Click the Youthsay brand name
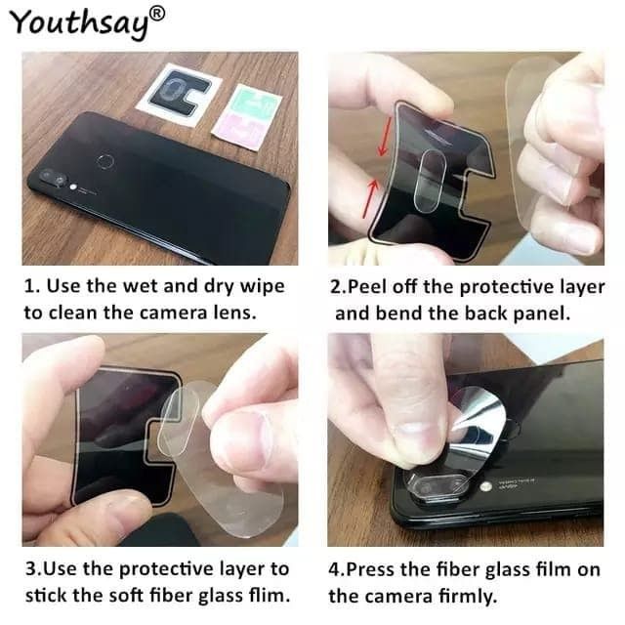[x=80, y=23]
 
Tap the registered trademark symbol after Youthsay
[x=157, y=15]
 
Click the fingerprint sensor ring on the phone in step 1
[x=106, y=162]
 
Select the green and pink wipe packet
[x=246, y=117]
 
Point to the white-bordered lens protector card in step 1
[x=178, y=95]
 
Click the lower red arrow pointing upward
[x=369, y=197]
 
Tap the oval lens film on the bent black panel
[x=430, y=180]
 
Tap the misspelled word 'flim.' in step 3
[x=270, y=596]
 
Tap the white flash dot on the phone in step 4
[x=485, y=487]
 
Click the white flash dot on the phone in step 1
[x=73, y=187]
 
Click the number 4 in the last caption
[x=334, y=570]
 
